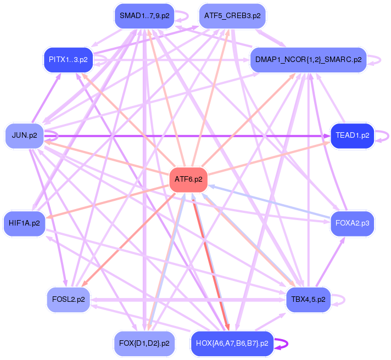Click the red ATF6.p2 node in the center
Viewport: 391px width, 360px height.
pyautogui.click(x=188, y=179)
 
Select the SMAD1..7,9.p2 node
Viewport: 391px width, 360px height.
pyautogui.click(x=144, y=16)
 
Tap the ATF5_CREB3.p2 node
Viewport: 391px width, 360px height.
pyautogui.click(x=232, y=16)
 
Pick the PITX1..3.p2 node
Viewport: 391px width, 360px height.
pyautogui.click(x=68, y=59)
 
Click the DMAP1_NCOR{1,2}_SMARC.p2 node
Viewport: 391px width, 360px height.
pyautogui.click(x=308, y=60)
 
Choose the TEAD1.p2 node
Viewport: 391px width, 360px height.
pyautogui.click(x=352, y=135)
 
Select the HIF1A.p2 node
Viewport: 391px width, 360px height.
pyautogui.click(x=24, y=223)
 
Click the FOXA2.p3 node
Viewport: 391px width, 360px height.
pyautogui.click(x=352, y=223)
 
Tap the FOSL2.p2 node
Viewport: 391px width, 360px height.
pyautogui.click(x=68, y=300)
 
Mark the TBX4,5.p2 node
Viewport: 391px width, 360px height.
pyautogui.click(x=308, y=300)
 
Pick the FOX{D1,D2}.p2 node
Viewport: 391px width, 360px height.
pyautogui.click(x=144, y=344)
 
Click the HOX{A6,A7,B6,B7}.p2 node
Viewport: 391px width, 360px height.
pyautogui.click(x=232, y=344)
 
